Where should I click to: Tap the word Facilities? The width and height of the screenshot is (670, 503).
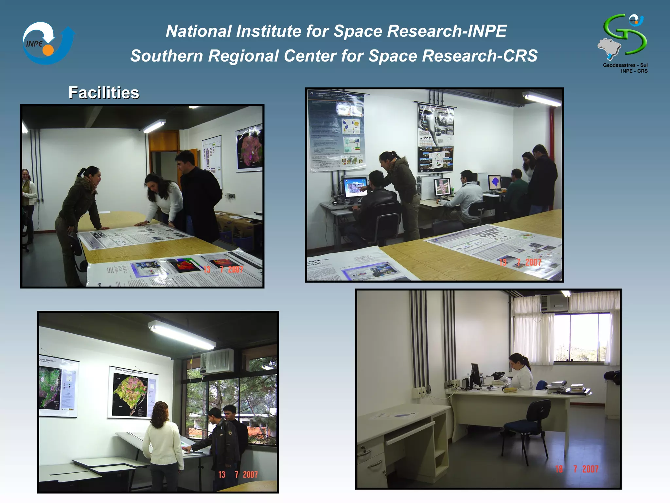[104, 93]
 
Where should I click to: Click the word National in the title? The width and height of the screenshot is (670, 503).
[199, 31]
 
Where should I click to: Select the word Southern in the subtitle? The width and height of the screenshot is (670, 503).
[167, 56]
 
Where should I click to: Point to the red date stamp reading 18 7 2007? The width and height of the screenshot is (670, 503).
[577, 469]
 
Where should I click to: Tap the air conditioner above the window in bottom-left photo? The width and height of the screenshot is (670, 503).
[217, 361]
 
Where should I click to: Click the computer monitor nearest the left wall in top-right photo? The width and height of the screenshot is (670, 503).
[355, 187]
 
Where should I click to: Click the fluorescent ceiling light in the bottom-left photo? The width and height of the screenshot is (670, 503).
[182, 335]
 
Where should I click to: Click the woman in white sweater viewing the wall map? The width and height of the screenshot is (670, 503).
[164, 442]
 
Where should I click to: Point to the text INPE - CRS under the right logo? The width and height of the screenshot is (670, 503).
[634, 71]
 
